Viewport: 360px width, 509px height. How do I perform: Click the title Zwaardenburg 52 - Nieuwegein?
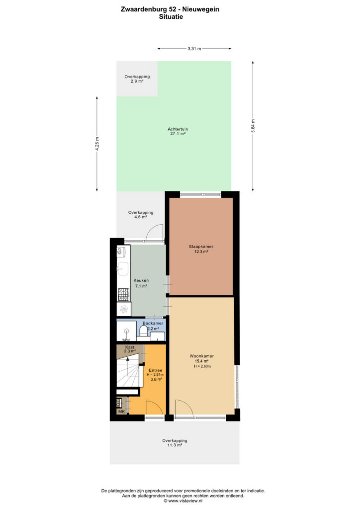click(x=170, y=9)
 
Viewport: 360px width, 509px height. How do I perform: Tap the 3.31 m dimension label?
click(x=194, y=49)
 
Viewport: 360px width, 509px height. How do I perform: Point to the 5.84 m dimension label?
click(x=253, y=126)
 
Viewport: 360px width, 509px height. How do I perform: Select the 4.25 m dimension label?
click(x=97, y=144)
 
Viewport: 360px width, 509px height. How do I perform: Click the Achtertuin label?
click(x=178, y=129)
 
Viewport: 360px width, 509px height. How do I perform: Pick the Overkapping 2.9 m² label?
click(x=137, y=79)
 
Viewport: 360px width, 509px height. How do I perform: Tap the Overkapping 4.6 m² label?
click(x=141, y=215)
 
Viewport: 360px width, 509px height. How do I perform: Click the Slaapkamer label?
click(x=201, y=247)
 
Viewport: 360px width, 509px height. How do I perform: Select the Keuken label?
click(x=141, y=280)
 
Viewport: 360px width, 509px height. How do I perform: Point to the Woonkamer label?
click(x=201, y=356)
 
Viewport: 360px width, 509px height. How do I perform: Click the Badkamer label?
click(x=153, y=323)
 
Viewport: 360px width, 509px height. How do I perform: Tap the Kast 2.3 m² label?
click(x=130, y=349)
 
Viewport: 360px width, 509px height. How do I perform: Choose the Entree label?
click(x=156, y=370)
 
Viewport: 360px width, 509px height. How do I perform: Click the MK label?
click(x=122, y=412)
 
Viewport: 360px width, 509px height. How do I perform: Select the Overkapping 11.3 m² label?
click(x=175, y=443)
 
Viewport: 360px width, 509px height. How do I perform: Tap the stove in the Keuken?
click(x=123, y=294)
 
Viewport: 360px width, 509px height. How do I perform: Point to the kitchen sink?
click(x=123, y=269)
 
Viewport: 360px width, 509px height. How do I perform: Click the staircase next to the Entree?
click(x=130, y=370)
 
